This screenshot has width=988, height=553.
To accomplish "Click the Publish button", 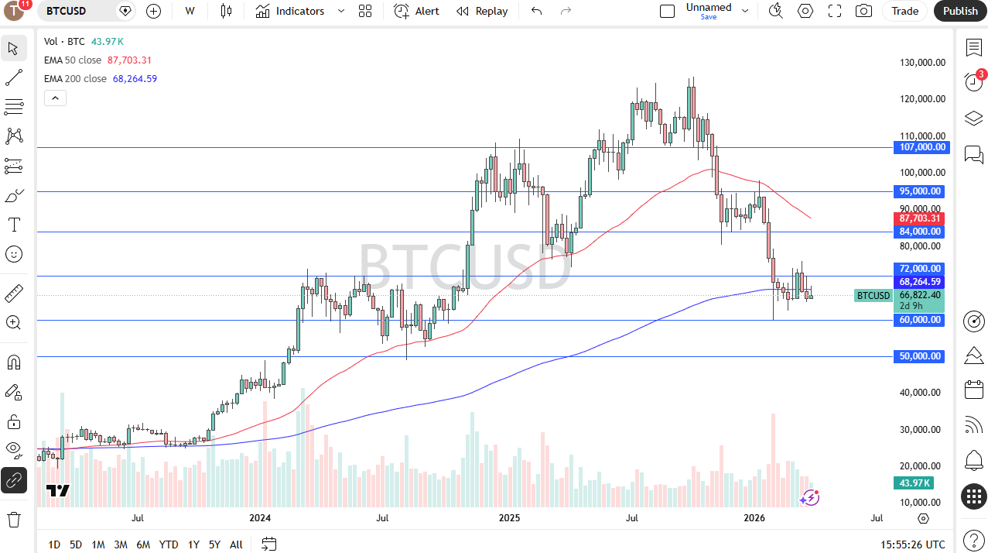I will point(960,11).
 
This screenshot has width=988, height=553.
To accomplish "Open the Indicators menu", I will point(290,11).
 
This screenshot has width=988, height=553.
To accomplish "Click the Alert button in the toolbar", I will point(416,11).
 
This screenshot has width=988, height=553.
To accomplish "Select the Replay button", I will point(482,11).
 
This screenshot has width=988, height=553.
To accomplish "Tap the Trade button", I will point(904,11).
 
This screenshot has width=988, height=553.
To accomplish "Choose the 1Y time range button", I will point(193,544).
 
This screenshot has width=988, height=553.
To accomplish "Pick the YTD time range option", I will point(169,544).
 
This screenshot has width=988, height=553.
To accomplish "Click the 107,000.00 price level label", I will point(919,147).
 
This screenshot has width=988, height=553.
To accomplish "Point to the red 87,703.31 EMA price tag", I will point(919,218).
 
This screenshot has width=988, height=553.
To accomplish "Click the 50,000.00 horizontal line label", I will point(919,356).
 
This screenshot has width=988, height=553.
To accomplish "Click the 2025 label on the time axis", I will point(509,517).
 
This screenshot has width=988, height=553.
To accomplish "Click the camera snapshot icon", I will point(863,11).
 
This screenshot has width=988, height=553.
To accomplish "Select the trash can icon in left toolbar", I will point(14,519).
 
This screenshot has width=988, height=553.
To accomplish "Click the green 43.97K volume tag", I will point(914,483).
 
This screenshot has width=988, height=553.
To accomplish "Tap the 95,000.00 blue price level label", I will point(919,191).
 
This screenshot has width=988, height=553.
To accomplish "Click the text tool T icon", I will point(14,225).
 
